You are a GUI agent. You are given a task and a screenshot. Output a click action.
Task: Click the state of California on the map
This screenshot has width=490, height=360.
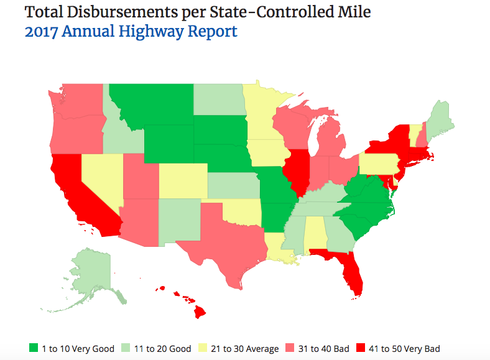(x=78, y=193)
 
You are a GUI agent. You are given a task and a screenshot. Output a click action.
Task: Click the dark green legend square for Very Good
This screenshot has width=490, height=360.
(x=34, y=348)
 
